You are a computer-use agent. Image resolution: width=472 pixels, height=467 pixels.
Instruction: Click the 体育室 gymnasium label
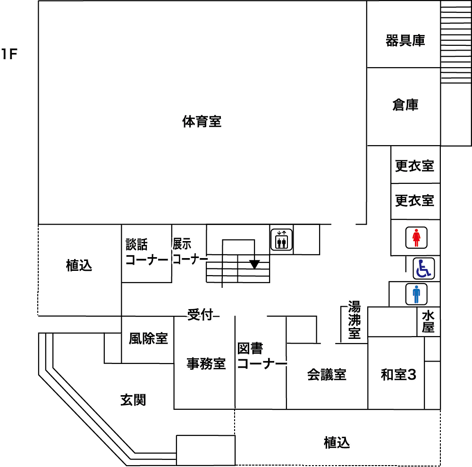click(202, 122)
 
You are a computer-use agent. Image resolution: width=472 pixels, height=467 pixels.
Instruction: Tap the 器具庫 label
click(405, 41)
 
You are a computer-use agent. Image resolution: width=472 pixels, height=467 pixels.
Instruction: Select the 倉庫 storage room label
click(405, 105)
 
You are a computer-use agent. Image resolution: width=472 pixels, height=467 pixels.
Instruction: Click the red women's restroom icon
click(416, 238)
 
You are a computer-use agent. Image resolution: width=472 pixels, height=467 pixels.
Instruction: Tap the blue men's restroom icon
click(416, 294)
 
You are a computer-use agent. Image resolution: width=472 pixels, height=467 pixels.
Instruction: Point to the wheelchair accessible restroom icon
click(423, 268)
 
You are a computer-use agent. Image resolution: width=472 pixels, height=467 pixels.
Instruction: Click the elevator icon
click(282, 240)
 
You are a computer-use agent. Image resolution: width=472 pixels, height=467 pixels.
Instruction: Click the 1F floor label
click(9, 55)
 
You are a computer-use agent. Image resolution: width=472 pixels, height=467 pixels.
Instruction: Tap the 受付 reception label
click(200, 314)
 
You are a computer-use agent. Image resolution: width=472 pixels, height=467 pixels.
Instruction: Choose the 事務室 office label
click(206, 363)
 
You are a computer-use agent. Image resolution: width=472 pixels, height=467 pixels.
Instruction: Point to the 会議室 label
click(327, 375)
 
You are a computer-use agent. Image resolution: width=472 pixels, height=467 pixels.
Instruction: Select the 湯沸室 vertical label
click(354, 320)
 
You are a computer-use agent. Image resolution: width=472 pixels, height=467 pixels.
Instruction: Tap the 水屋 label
click(429, 322)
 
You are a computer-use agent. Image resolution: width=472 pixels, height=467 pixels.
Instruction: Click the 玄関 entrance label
click(133, 400)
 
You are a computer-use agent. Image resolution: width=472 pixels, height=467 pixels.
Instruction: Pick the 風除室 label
click(148, 338)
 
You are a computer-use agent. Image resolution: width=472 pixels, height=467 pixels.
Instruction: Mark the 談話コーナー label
click(146, 252)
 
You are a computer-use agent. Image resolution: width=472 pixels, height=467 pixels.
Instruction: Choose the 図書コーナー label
click(261, 356)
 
